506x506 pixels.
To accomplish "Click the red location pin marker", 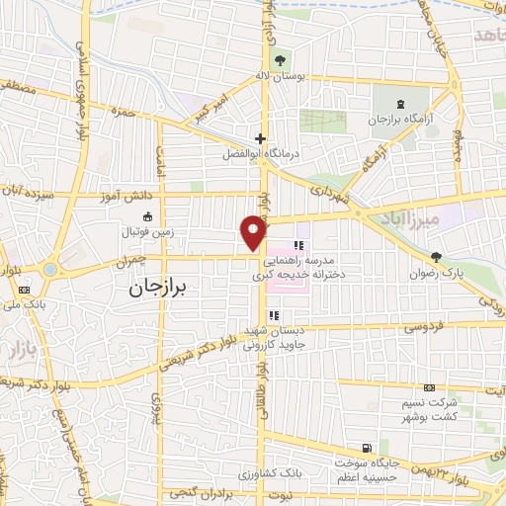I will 254,231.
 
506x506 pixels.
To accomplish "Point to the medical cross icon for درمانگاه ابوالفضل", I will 260,138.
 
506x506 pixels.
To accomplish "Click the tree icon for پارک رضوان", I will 451,256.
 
